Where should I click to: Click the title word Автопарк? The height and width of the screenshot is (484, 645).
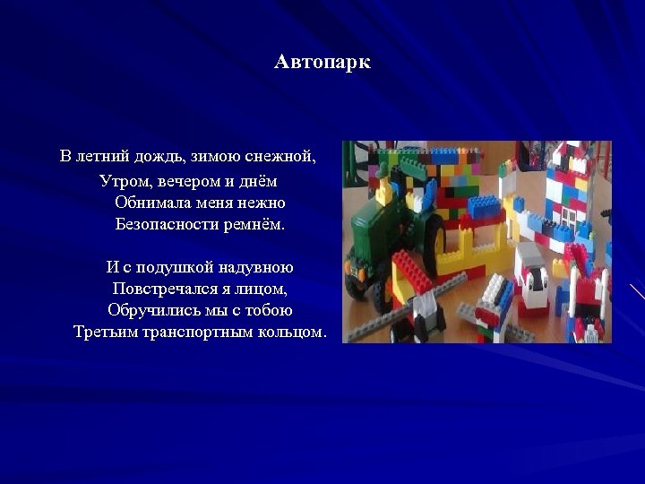pyautogui.click(x=322, y=63)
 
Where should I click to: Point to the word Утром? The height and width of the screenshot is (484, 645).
pyautogui.click(x=123, y=180)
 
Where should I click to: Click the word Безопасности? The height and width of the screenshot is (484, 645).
pyautogui.click(x=165, y=224)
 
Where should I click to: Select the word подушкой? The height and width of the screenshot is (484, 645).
pyautogui.click(x=170, y=267)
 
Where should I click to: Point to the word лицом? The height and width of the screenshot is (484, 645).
pyautogui.click(x=267, y=290)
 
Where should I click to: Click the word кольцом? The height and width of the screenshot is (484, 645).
pyautogui.click(x=294, y=333)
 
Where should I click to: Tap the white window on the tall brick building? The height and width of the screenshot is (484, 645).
pyautogui.click(x=569, y=216)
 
